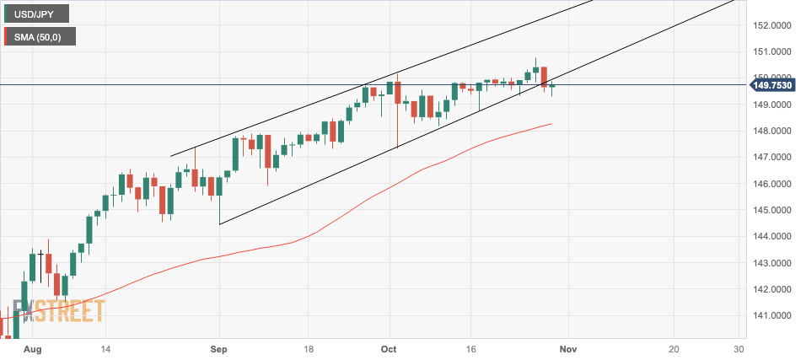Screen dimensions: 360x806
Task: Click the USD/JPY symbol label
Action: coord(36,13)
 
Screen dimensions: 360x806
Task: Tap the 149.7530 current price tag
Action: coord(774,84)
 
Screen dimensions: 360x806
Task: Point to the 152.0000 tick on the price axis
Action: coord(773,25)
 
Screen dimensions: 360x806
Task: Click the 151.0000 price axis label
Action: coord(773,51)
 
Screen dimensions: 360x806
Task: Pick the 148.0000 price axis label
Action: coord(773,131)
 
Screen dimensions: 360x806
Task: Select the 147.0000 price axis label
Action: coord(773,157)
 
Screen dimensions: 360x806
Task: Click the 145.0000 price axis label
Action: coord(773,210)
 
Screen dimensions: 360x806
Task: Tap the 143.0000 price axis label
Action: coord(773,263)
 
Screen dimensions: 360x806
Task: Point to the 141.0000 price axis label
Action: coord(773,315)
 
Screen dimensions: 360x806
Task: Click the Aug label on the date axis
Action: coord(32,348)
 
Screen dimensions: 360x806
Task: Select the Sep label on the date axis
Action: coord(219,348)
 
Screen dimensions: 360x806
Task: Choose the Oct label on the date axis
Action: coord(389,348)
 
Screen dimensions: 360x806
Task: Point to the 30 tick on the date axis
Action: coord(739,348)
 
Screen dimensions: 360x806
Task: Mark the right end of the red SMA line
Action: coord(551,124)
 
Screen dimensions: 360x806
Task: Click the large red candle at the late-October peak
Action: coord(545,76)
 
